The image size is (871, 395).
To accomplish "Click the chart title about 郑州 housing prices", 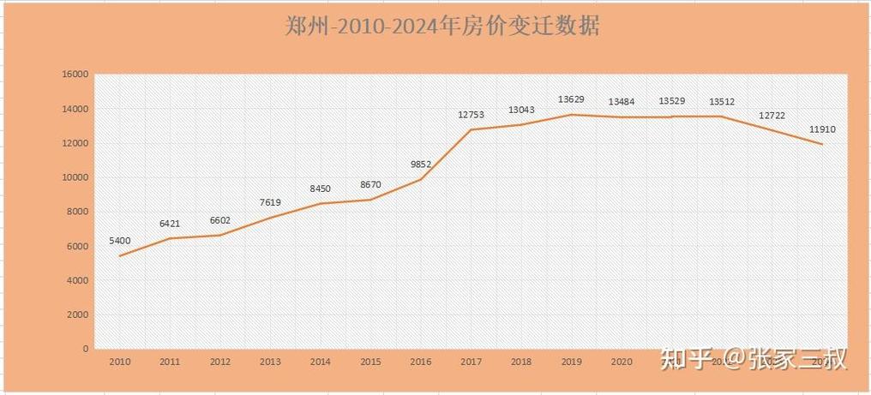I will click(x=442, y=26).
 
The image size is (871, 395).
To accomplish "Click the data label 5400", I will click(x=120, y=241).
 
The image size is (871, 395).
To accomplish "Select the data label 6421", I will click(x=170, y=224).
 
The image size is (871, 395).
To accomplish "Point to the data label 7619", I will click(x=269, y=203).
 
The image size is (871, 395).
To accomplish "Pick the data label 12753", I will click(x=471, y=114).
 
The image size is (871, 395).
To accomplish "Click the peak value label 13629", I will click(x=571, y=99).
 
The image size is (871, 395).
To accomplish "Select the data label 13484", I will click(x=622, y=102).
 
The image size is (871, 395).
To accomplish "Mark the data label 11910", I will click(x=822, y=129).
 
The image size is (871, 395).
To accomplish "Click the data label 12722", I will click(x=772, y=116).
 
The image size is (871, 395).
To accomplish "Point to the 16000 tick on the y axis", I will click(x=75, y=75).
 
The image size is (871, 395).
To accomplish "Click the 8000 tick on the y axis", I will click(x=78, y=212).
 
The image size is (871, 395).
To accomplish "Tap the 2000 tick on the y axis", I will click(x=78, y=314).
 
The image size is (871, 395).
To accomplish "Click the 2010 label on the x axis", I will click(x=119, y=362).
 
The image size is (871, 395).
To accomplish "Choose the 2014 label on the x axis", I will click(x=320, y=362).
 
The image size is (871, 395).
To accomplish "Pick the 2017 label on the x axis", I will click(x=471, y=362).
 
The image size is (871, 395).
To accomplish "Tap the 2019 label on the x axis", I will click(x=571, y=362).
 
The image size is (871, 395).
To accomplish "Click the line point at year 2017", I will click(x=471, y=130).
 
